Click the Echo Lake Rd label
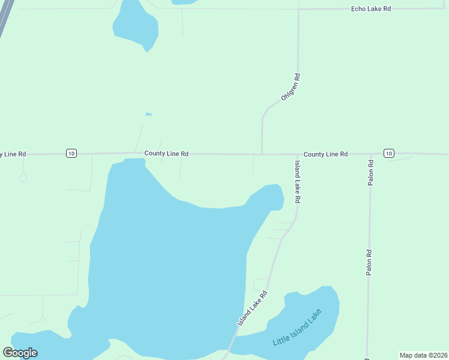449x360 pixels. [371, 9]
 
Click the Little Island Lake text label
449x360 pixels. [297, 327]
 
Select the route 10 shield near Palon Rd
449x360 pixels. [389, 154]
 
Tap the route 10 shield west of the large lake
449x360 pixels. [71, 154]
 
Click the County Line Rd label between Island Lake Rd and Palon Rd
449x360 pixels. [325, 154]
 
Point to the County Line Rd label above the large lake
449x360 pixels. [166, 154]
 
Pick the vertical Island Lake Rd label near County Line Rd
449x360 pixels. [297, 181]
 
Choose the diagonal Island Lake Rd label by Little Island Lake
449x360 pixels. [252, 309]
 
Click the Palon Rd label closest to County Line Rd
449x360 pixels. [371, 172]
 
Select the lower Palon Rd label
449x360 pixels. [370, 263]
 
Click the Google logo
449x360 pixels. [20, 353]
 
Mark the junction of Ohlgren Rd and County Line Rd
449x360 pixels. [262, 154]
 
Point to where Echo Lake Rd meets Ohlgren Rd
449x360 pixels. [298, 10]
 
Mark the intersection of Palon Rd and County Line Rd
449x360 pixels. [370, 154]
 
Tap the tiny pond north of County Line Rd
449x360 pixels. [148, 114]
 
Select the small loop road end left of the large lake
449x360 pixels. [23, 178]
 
